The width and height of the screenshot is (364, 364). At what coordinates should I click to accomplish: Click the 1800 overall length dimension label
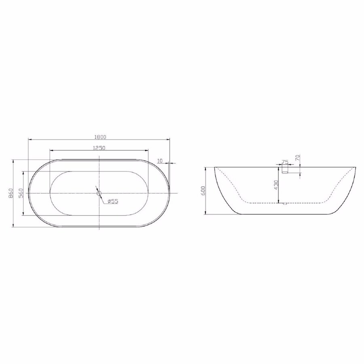tap(99, 136)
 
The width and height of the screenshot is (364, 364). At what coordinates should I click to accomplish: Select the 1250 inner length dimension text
tap(99, 148)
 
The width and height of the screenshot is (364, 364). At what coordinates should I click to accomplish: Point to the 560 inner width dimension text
tap(21, 193)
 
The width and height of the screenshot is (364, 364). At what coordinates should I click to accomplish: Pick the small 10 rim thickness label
tap(160, 161)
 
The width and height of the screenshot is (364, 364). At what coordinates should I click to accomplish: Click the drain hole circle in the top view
tap(99, 193)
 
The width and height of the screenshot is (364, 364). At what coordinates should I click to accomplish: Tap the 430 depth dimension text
tap(276, 185)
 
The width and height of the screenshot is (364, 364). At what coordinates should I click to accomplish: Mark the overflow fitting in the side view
tap(285, 172)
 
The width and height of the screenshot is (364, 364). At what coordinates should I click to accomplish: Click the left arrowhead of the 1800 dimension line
tap(29, 139)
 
